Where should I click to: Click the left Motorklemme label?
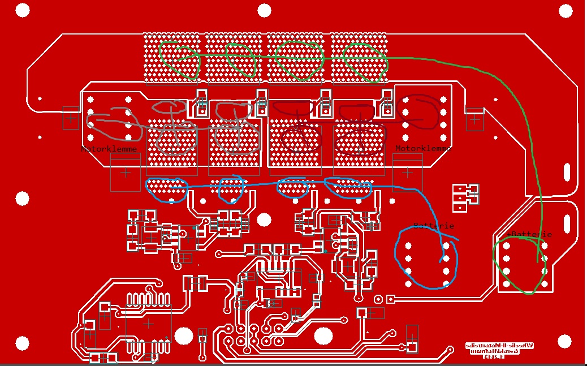coord(110,149)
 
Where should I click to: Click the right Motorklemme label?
coord(423,148)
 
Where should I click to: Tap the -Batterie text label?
coord(433,226)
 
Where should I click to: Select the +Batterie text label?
coord(529,234)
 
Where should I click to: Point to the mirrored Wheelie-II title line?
coord(499,345)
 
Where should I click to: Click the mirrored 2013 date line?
coord(499,358)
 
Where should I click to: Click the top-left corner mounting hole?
coord(22,10)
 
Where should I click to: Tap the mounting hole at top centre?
coord(265,10)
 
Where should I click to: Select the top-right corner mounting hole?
coord(565,10)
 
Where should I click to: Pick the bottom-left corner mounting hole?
coord(22,343)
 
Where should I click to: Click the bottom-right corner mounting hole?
coord(565,341)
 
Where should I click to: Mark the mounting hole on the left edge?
coord(22,199)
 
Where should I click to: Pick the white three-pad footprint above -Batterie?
coord(465,197)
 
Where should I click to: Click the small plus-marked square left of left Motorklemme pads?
coord(71,118)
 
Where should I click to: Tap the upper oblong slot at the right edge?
coord(567,171)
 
